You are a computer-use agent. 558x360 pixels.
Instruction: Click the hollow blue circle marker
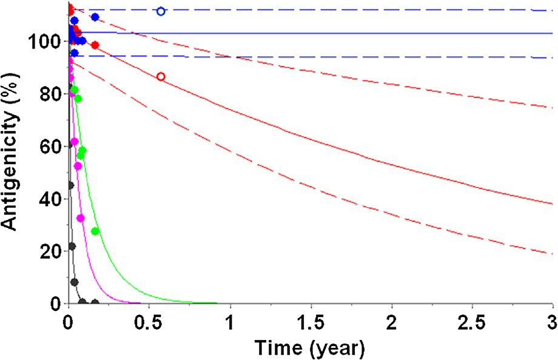coord(161,11)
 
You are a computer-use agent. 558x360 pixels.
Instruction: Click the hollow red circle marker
coord(161,76)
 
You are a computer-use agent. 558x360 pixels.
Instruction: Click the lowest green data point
coord(95,231)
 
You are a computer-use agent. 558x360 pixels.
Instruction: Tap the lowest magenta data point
coord(81,218)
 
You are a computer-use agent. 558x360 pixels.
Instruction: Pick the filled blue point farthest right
coord(95,17)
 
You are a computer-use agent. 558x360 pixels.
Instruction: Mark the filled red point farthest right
coord(95,45)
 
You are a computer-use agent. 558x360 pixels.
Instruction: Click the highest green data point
coord(74,90)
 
